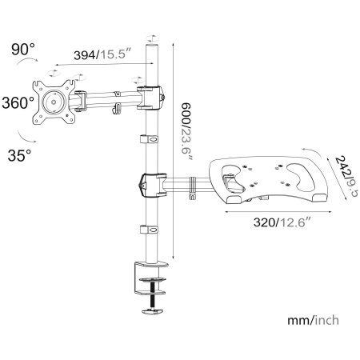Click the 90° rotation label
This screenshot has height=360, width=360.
coord(23,50)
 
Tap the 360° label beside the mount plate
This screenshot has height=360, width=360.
coord(18,102)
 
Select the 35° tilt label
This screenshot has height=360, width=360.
coord(19,155)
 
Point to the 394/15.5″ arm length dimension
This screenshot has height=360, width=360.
coord(103,54)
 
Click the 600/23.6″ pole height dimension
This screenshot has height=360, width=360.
coord(186,131)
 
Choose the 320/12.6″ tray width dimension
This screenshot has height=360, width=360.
coord(282,222)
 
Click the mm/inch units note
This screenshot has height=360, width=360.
coord(313,320)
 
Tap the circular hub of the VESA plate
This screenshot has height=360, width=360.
coord(54,102)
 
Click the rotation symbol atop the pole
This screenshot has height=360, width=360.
coord(152,38)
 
